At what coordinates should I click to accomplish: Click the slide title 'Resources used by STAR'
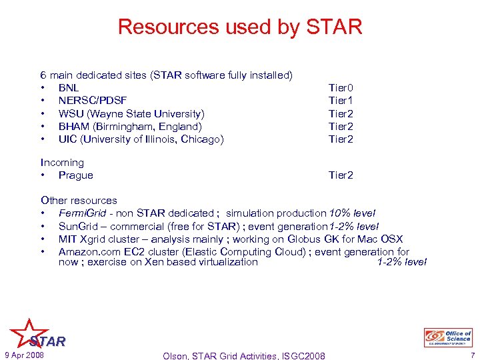coord(240,27)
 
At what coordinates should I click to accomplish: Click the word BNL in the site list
coord(69,88)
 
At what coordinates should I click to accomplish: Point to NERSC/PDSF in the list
coord(93,101)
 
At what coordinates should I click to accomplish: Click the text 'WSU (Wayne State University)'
coord(131,114)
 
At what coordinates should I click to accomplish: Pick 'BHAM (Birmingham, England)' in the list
coord(129,127)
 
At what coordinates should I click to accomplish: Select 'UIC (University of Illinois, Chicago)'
coord(141,139)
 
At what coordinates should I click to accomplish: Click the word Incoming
coord(62,163)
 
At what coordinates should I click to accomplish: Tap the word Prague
coord(75,175)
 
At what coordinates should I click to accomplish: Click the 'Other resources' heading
coord(79,201)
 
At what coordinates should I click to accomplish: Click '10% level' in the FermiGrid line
coord(352,213)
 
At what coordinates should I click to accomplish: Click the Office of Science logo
coord(448,337)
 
